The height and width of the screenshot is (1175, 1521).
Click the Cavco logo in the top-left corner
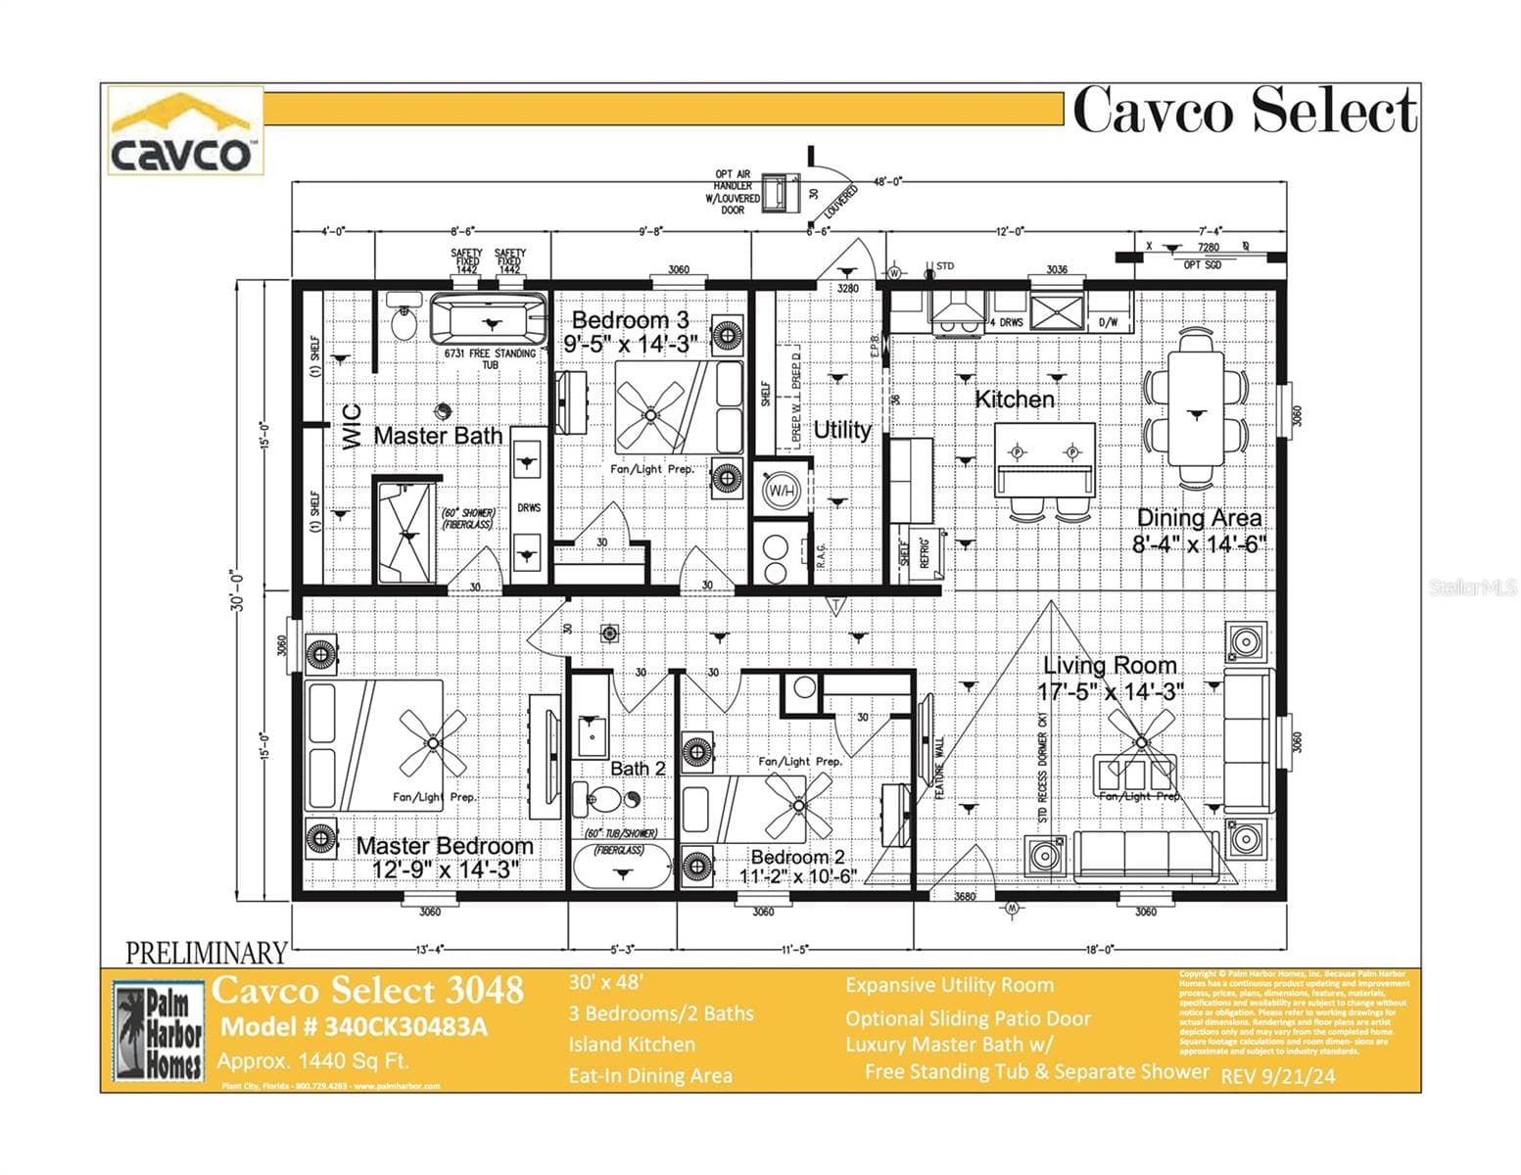184,131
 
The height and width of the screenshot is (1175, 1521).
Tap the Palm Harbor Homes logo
159,1031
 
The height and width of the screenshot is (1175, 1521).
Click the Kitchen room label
1015,399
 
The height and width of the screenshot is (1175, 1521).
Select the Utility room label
841,430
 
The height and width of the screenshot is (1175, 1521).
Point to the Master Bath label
438,436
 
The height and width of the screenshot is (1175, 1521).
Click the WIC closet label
353,427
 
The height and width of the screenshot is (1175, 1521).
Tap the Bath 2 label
638,769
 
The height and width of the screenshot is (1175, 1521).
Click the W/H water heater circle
781,489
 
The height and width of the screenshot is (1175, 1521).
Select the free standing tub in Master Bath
490,318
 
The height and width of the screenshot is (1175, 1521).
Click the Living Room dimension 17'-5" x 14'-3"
1111,692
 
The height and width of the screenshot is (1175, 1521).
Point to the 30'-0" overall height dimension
239,591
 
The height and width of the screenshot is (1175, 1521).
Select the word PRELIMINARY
207,953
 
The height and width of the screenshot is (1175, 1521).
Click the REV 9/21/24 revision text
1278,1076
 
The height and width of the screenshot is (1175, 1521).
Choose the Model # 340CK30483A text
354,1027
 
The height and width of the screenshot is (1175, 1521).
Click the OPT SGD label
1203,265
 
